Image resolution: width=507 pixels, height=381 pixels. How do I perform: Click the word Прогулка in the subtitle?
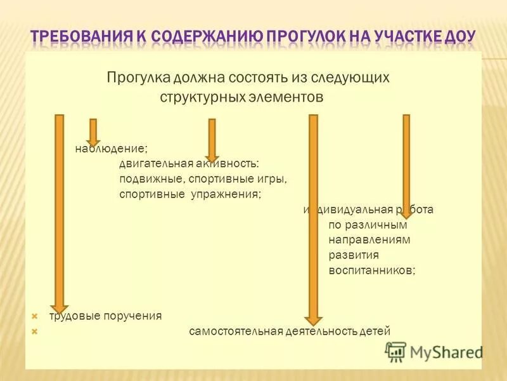pos(136,78)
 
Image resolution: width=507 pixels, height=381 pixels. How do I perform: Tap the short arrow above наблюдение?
pos(93,131)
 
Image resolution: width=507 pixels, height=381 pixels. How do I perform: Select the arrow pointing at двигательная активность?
pos(212,140)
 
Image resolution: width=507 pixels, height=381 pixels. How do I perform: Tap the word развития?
pos(354,255)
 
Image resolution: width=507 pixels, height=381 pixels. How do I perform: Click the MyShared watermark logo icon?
pos(395,351)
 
